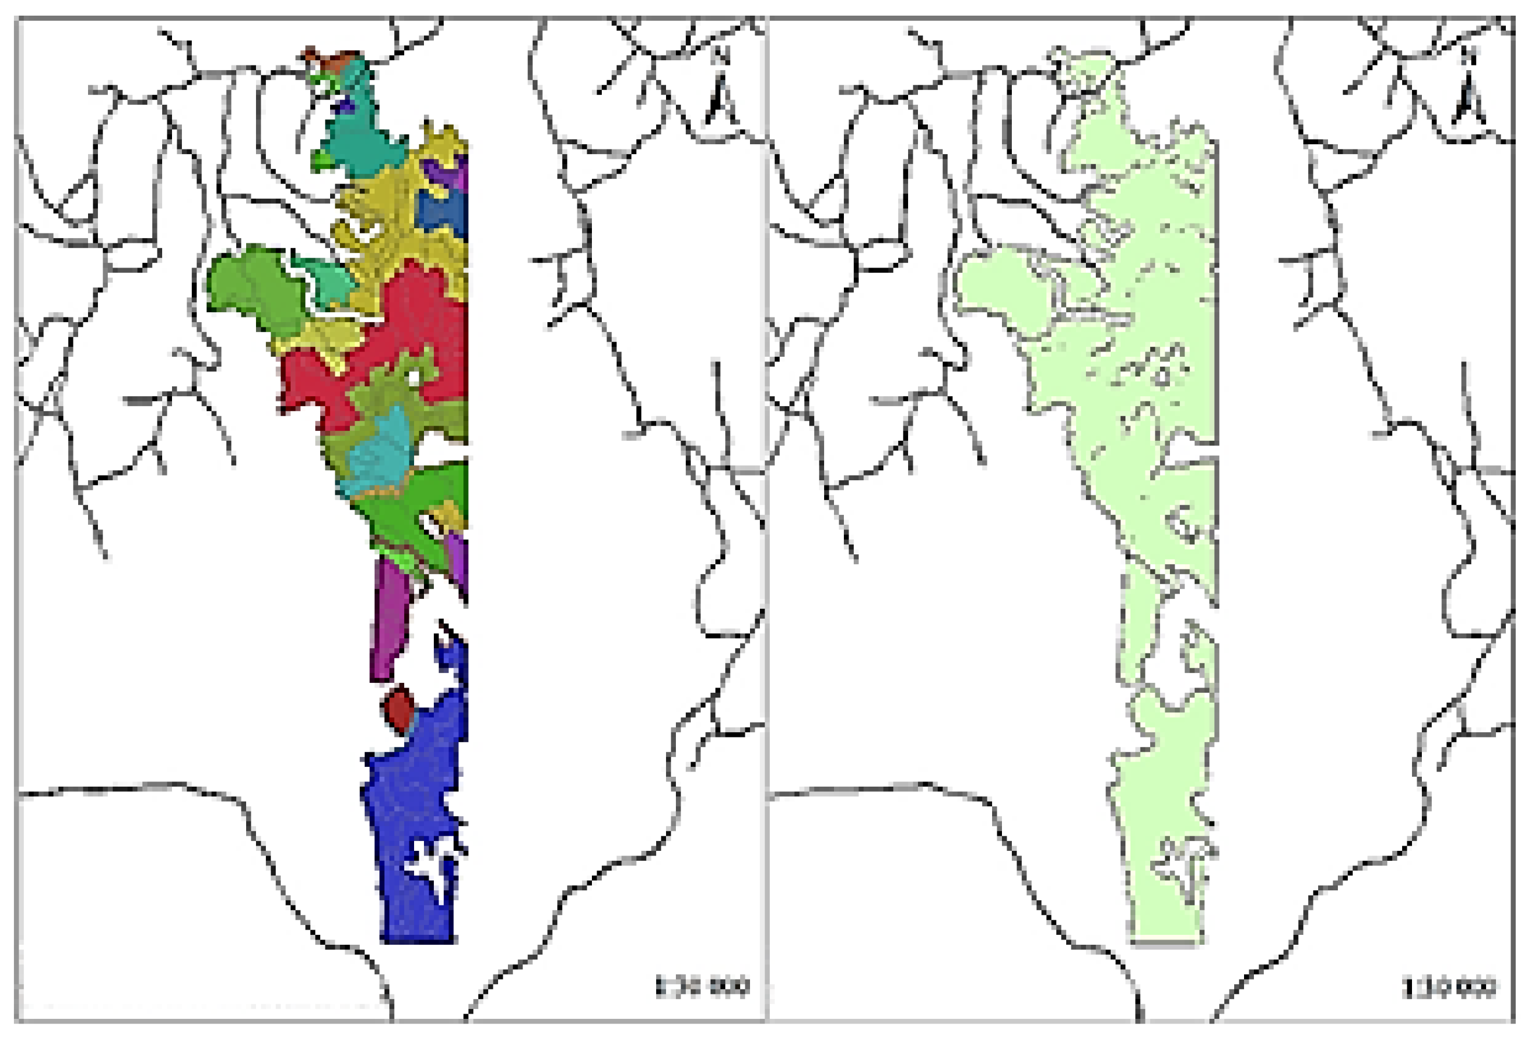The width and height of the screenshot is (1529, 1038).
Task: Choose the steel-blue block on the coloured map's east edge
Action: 444,210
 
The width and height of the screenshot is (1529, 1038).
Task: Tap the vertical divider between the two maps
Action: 766,520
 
